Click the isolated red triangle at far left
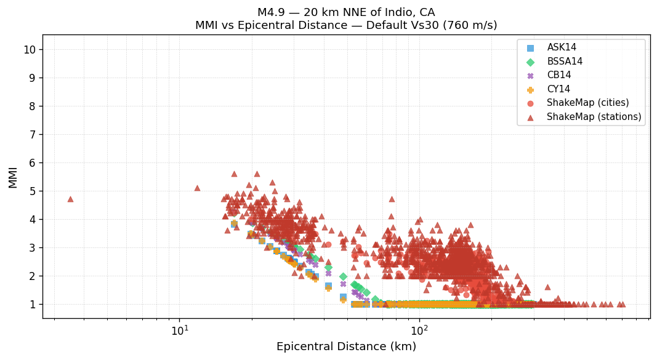coord(70,199)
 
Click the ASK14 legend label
coord(562,47)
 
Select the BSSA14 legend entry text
coord(565,62)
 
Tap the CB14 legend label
coord(559,75)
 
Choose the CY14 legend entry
coord(558,89)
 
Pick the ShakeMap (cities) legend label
coord(587,103)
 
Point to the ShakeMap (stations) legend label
coord(594,117)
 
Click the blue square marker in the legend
coord(531,47)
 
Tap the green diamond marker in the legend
coord(531,62)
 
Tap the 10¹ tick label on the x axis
coord(180,330)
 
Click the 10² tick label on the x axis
coord(419,330)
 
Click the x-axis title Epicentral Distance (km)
coord(346,346)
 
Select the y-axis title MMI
coord(13,177)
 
